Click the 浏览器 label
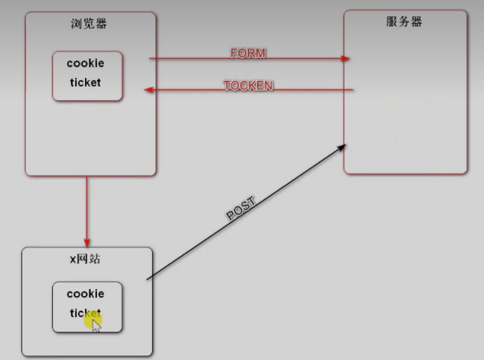90,24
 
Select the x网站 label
85,258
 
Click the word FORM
248,54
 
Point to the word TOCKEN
248,86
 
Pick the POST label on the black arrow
241,208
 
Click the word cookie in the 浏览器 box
86,63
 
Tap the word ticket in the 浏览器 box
86,82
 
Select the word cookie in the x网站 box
86,294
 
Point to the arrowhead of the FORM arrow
346,58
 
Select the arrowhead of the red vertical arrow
87,242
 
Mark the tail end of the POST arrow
148,279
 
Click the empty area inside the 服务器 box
405,114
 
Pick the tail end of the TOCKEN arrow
353,90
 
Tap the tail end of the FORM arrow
150,58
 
